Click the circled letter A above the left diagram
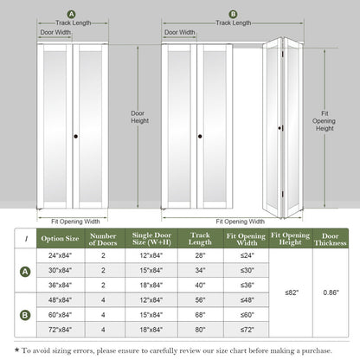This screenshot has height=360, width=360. tap(70, 14)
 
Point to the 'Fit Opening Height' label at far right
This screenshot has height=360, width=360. tap(325, 120)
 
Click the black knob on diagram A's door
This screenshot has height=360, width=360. tap(75, 136)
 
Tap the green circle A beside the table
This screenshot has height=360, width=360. tap(25, 271)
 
